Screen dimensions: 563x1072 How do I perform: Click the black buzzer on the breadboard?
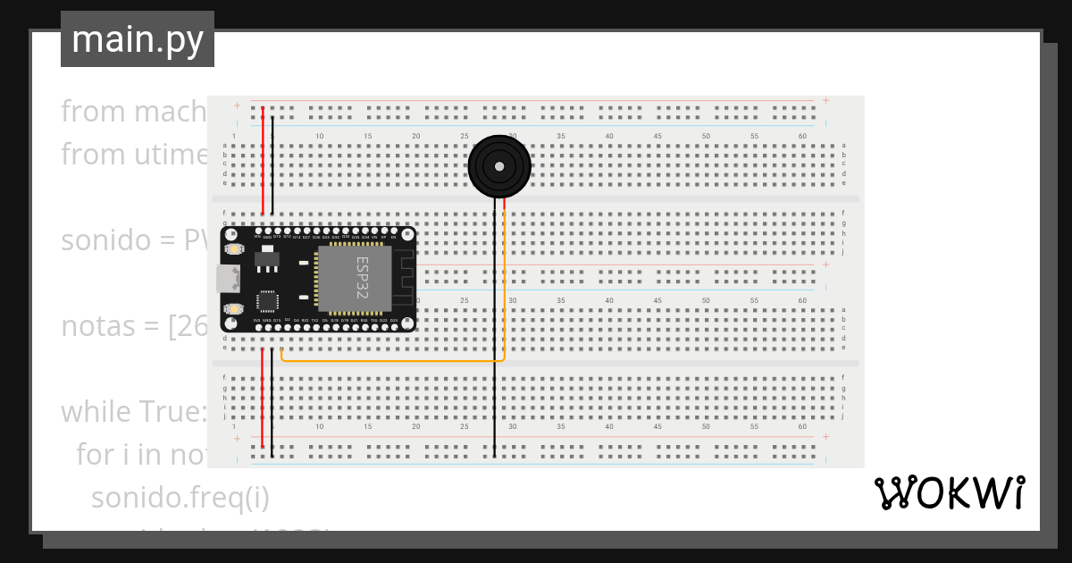point(498,166)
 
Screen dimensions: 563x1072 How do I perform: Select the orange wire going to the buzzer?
point(393,360)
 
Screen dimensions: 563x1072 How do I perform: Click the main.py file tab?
point(138,39)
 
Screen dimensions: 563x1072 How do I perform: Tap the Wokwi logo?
point(949,493)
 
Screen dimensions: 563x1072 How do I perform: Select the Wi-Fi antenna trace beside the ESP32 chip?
point(403,278)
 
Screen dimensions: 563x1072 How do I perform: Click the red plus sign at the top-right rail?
point(826,100)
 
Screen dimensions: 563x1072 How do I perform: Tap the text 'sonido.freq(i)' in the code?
point(180,497)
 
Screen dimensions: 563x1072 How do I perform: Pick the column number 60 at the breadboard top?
point(802,136)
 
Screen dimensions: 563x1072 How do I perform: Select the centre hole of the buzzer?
point(498,166)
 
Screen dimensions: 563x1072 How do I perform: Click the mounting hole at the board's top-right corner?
point(407,234)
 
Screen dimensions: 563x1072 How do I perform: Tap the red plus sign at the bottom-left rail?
point(237,439)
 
